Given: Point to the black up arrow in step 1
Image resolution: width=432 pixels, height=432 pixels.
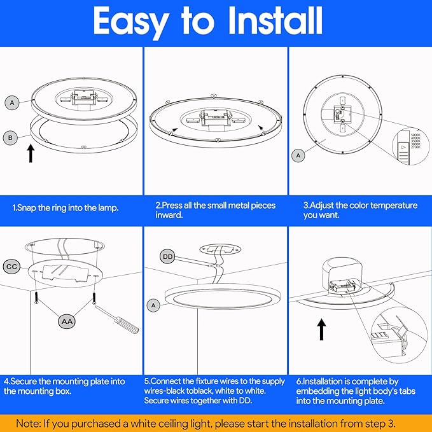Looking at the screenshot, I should pos(30,153).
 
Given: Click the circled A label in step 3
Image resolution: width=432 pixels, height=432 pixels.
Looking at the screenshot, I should pos(298,155).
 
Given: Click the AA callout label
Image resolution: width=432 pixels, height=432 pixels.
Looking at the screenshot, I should pos(66,322).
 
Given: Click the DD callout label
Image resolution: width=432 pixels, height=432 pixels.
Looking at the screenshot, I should pos(168,257).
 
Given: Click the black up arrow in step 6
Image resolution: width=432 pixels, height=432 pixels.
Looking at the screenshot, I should pos(322,330).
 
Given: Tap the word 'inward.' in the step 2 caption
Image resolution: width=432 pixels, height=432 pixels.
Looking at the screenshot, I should pos(170,216).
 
